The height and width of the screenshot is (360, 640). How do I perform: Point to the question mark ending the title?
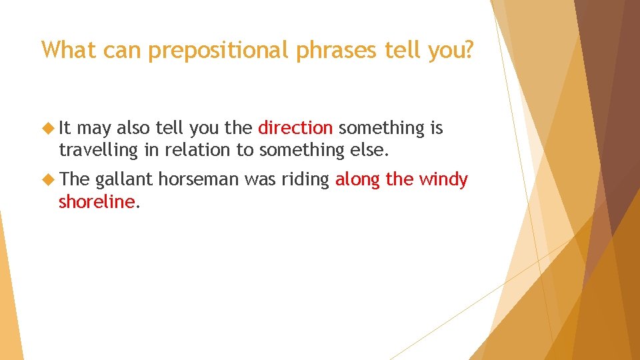(x=467, y=50)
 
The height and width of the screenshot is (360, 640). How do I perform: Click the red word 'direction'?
(x=295, y=127)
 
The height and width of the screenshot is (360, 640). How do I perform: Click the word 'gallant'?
(x=124, y=180)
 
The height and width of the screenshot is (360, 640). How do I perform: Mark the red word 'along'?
(x=357, y=180)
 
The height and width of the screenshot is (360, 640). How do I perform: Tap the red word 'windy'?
(x=443, y=180)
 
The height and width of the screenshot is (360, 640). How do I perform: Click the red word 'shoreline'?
(x=97, y=202)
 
